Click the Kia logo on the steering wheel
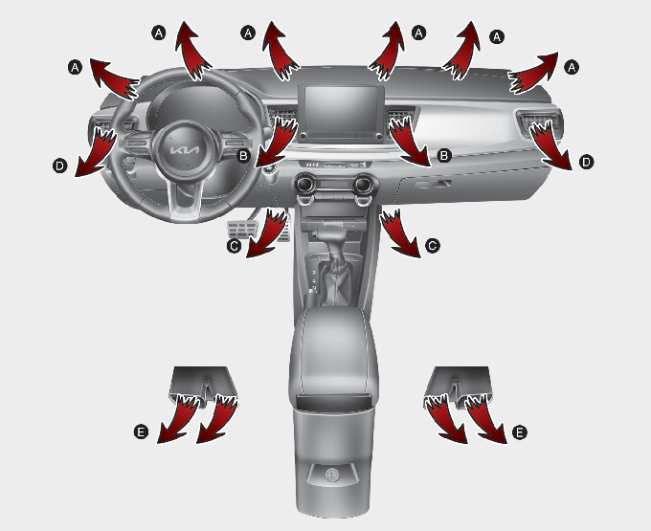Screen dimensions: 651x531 (x=185, y=149)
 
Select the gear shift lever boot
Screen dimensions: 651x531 (x=337, y=277)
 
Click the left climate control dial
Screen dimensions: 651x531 (x=306, y=185)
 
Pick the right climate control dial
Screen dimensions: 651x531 (x=364, y=185)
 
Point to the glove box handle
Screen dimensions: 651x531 (x=432, y=184)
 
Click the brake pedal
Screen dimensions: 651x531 (x=243, y=229)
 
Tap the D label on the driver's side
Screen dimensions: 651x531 (x=59, y=166)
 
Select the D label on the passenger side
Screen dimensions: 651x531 (x=586, y=162)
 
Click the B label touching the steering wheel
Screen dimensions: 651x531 (x=243, y=156)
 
